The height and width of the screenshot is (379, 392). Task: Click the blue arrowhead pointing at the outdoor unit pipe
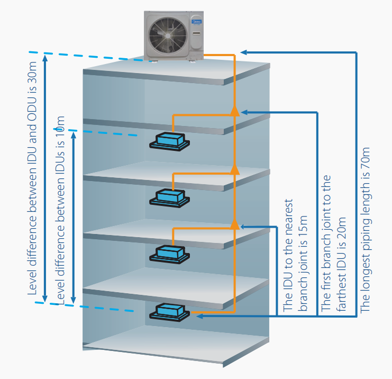click(244, 52)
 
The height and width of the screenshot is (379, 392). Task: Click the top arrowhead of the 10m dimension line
click(73, 131)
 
